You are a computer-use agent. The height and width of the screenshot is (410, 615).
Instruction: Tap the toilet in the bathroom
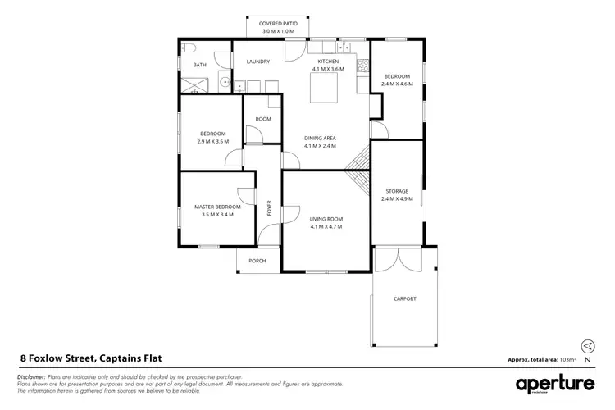click(x=187, y=48)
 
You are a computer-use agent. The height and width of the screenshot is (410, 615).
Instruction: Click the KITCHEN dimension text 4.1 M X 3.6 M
click(x=328, y=70)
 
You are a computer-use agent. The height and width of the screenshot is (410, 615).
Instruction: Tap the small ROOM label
click(x=262, y=119)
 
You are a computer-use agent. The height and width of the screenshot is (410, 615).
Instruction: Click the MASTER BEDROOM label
click(x=217, y=207)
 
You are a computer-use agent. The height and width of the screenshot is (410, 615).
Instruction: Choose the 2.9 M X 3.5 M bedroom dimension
click(x=213, y=142)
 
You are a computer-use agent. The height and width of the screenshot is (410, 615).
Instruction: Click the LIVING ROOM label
click(x=326, y=218)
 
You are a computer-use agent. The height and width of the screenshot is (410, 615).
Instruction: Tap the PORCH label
click(x=257, y=262)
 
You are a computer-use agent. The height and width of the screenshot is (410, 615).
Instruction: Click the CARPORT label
click(x=404, y=298)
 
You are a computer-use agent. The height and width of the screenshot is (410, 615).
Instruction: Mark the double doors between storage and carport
click(x=397, y=258)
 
